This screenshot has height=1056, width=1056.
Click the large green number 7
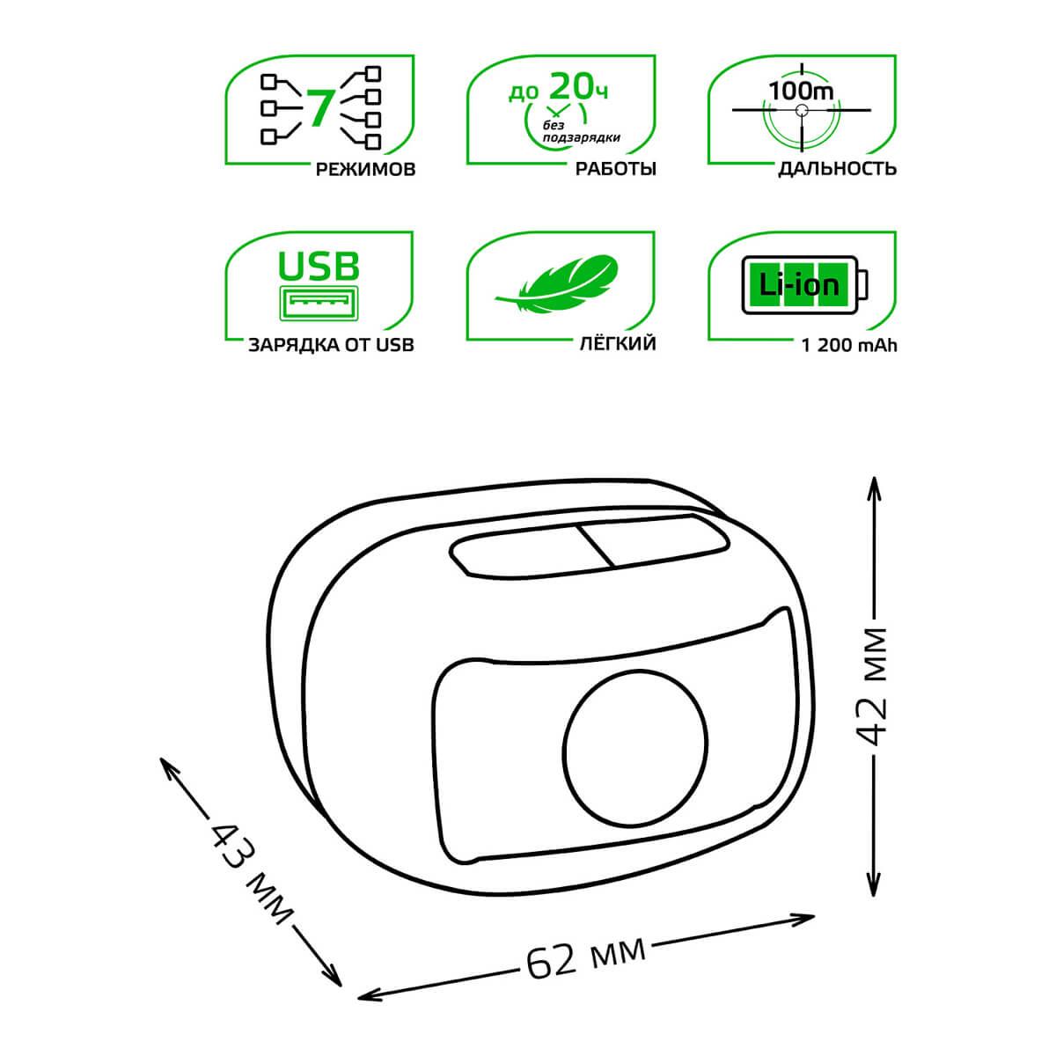tap(320, 107)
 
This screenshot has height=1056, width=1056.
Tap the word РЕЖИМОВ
tap(365, 169)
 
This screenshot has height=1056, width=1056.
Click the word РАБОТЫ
tap(615, 169)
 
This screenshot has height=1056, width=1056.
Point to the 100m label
tap(801, 91)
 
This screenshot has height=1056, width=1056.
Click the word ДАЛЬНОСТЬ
tap(838, 169)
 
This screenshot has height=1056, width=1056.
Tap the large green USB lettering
tap(319, 266)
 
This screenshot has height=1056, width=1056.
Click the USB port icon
tap(319, 303)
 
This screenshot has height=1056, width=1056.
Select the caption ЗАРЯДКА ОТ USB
tap(331, 345)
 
